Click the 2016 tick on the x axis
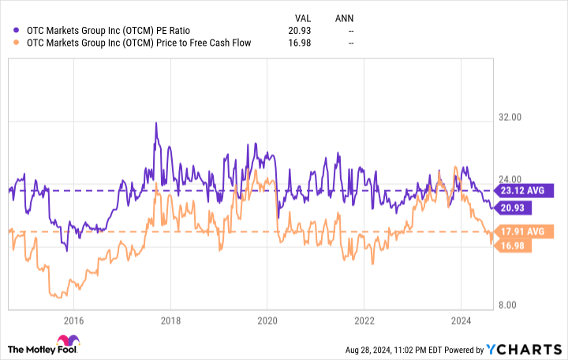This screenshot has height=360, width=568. (73, 321)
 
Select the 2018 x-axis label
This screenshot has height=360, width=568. (170, 321)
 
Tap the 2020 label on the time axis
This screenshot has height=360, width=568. (267, 321)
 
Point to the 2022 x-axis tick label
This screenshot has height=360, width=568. (364, 321)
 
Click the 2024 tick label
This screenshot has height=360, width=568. (461, 321)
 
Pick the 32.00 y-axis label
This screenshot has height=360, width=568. (512, 118)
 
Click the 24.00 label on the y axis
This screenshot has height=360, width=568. (512, 180)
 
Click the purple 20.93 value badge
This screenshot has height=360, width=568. (512, 208)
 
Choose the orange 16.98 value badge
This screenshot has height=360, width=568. (512, 246)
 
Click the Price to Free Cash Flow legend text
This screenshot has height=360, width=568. (139, 43)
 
